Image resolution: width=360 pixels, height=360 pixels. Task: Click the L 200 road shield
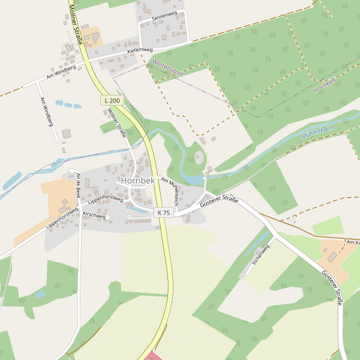click(112, 100)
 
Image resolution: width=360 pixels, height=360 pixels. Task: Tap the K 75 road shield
click(163, 212)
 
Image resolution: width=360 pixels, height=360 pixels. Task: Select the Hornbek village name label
click(138, 180)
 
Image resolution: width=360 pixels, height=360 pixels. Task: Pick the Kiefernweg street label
click(140, 51)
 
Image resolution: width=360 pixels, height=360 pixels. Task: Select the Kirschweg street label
click(94, 215)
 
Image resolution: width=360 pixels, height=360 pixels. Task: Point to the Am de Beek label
click(78, 185)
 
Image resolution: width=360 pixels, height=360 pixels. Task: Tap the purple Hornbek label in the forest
click(324, 85)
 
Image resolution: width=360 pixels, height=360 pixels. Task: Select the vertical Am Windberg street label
click(46, 112)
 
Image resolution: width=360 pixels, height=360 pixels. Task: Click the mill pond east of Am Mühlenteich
click(194, 179)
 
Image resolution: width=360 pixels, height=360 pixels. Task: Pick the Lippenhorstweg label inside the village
click(105, 198)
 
